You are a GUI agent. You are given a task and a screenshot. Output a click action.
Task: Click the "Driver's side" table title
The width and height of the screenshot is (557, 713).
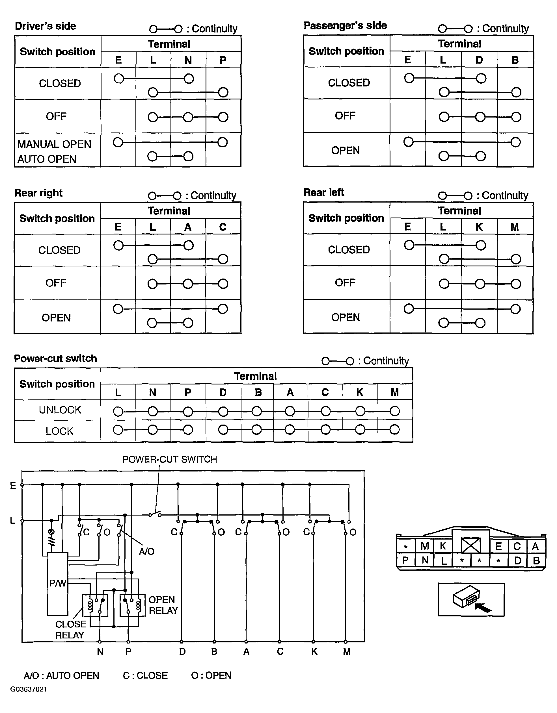(46, 26)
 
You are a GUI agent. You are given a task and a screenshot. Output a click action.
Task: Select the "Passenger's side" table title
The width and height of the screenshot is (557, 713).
(345, 25)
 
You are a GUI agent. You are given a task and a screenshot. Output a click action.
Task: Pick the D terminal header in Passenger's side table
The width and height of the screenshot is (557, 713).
(479, 60)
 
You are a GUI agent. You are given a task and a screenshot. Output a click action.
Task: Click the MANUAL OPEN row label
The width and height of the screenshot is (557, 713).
(54, 144)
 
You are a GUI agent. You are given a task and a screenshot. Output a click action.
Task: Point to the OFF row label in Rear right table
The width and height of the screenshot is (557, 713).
(56, 283)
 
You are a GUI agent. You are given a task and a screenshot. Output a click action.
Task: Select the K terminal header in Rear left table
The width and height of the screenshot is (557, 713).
(479, 227)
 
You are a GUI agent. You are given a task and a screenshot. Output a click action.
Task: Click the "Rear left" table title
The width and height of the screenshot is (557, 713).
(323, 192)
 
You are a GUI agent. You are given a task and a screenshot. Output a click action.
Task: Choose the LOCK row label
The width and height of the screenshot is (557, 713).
(59, 431)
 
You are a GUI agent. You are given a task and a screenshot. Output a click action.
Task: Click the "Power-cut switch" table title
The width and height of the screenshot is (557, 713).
(55, 358)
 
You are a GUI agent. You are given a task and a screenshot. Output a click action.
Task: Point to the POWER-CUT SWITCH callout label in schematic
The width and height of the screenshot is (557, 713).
(170, 459)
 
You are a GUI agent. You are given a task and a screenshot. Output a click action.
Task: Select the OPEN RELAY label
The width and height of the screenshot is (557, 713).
(163, 605)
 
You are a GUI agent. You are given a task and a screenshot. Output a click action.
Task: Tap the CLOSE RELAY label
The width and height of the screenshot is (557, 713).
(71, 629)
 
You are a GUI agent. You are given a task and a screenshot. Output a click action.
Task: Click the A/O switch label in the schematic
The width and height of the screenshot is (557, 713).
(146, 551)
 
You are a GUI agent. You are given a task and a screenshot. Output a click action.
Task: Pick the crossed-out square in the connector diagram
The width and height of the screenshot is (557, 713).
(471, 545)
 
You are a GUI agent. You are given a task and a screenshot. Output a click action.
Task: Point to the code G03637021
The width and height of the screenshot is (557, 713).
(29, 689)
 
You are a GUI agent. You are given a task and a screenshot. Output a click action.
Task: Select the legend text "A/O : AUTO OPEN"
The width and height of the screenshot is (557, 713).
(61, 675)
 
